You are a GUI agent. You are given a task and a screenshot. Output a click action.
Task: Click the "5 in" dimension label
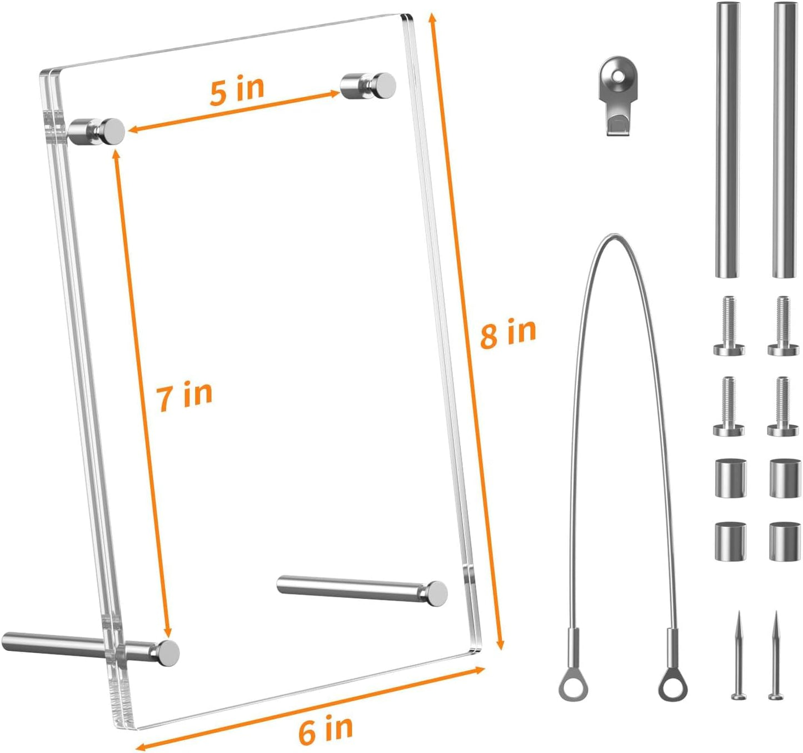[x=237, y=90]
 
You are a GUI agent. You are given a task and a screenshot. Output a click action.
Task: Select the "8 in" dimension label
[x=508, y=333]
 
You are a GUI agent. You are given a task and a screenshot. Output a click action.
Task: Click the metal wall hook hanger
[x=617, y=95]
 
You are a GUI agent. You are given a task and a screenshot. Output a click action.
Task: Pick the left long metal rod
[x=728, y=139]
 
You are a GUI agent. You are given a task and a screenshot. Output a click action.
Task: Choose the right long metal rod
[x=785, y=139]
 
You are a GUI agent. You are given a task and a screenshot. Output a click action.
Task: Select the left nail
[x=739, y=655]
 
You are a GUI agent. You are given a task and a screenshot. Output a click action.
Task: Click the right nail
[x=776, y=655]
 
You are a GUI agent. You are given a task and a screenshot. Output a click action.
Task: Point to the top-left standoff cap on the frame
[x=112, y=132]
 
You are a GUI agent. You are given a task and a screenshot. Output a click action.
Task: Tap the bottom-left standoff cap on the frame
[x=167, y=652]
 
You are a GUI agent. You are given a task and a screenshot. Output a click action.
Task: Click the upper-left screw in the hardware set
[x=729, y=326]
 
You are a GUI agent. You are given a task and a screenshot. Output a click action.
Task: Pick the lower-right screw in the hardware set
[x=783, y=406]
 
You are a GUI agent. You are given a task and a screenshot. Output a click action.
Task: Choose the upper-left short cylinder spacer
[x=731, y=477]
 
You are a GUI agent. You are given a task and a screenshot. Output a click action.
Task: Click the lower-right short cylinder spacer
[x=785, y=541]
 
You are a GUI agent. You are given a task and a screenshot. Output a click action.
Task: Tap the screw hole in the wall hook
[x=616, y=75]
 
